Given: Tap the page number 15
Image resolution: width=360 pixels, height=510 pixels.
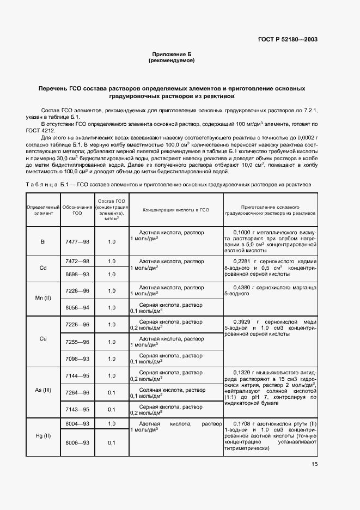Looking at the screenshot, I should tap(314, 464).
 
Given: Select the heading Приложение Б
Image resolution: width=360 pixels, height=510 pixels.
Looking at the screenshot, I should tap(172, 54).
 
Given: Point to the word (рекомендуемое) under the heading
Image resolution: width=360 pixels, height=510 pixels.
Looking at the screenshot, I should tap(172, 60).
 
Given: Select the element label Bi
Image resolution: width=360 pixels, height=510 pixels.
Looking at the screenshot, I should tap(43, 241).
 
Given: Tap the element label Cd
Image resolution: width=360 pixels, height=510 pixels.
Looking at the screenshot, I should tap(43, 268).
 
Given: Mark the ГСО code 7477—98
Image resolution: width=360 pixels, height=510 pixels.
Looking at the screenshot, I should tap(77, 241).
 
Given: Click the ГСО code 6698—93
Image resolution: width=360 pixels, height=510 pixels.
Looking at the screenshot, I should tap(77, 274).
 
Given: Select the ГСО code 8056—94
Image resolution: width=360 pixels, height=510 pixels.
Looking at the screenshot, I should tap(77, 307).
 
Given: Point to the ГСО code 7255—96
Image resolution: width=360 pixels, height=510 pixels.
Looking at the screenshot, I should tap(77, 342).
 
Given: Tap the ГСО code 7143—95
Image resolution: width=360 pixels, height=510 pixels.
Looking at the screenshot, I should tap(77, 409).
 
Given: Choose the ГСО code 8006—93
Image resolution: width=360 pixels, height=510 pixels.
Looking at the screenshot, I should tap(77, 442).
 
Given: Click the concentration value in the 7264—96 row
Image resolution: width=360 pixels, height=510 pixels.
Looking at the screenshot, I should tap(112, 392).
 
